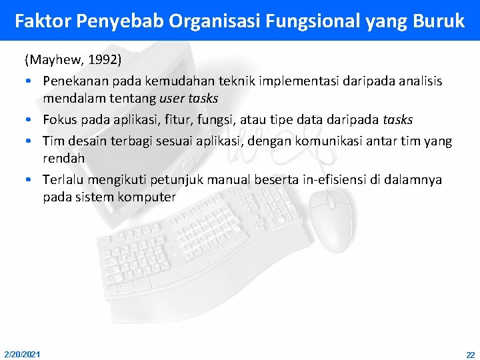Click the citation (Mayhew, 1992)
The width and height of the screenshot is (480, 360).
(73, 60)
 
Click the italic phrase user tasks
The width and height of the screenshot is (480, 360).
(189, 99)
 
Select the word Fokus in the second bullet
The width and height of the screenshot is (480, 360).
(60, 120)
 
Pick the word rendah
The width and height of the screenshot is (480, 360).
(63, 159)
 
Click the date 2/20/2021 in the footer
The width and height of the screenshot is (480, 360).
(21, 353)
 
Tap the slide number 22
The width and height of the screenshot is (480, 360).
(470, 353)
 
